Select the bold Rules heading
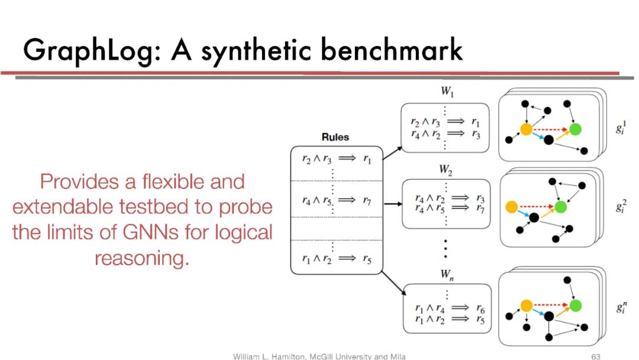[335, 137]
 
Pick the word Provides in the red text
[82, 181]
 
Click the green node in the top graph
[575, 128]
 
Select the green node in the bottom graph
[575, 305]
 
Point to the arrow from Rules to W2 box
[391, 204]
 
